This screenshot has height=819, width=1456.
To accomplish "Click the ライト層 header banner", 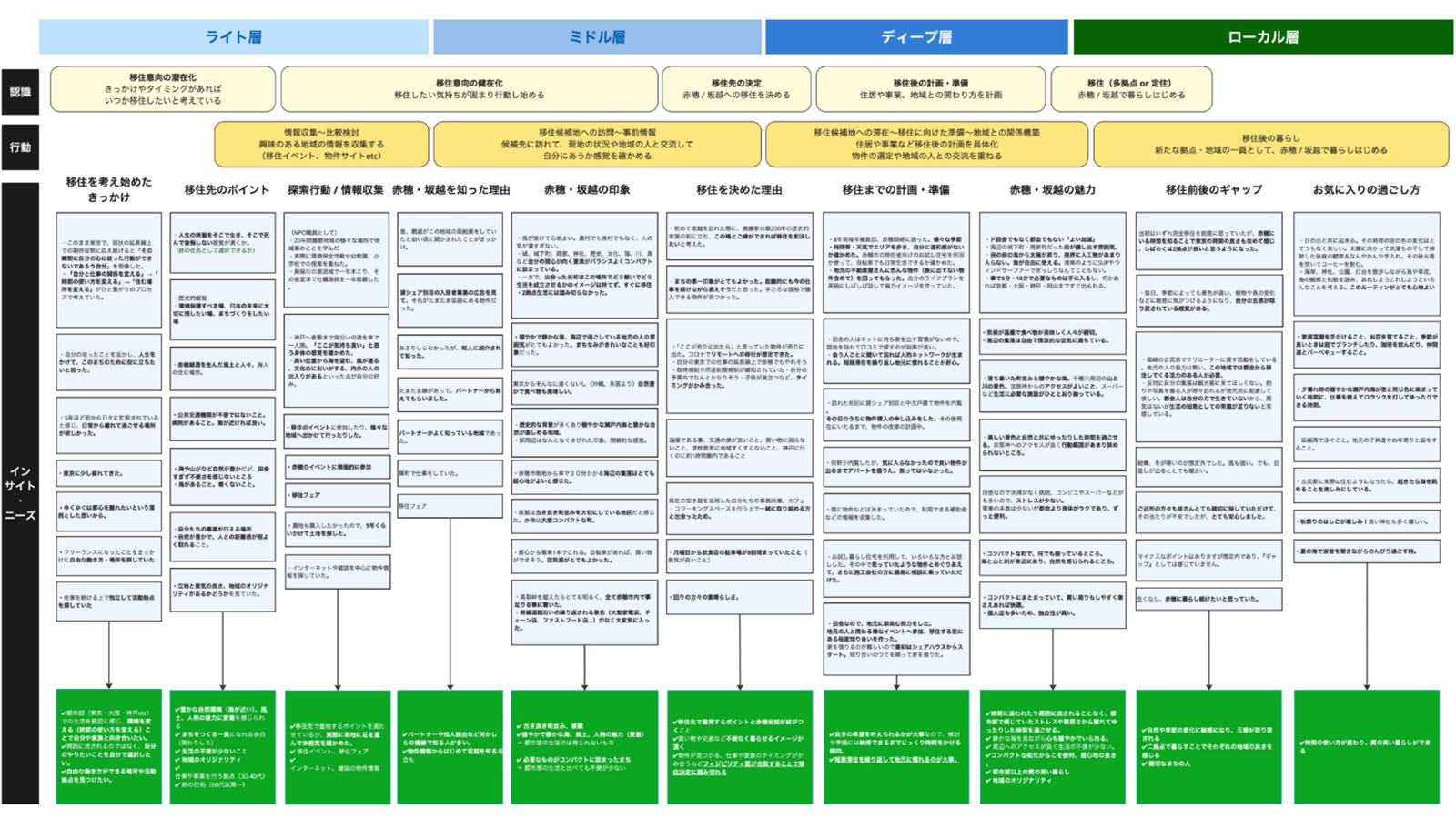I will pyautogui.click(x=233, y=37).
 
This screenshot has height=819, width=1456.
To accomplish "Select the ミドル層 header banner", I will pyautogui.click(x=597, y=37).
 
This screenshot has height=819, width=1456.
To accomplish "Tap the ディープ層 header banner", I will pyautogui.click(x=916, y=37).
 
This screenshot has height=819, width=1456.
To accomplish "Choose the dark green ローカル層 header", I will pyautogui.click(x=1263, y=37).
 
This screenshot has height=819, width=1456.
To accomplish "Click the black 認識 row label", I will pyautogui.click(x=20, y=92).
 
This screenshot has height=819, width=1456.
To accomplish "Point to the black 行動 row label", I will pyautogui.click(x=20, y=147).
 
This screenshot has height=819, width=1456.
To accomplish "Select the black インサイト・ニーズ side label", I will pyautogui.click(x=20, y=492).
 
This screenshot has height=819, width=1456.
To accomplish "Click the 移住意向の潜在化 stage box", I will pyautogui.click(x=163, y=89).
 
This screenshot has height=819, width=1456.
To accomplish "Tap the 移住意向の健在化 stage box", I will pyautogui.click(x=470, y=89).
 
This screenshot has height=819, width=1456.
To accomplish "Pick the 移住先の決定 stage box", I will pyautogui.click(x=736, y=89).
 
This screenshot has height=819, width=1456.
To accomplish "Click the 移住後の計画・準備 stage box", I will pyautogui.click(x=930, y=89).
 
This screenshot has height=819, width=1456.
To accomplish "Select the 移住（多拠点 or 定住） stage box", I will pyautogui.click(x=1131, y=89).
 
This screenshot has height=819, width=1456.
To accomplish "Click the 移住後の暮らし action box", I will pyautogui.click(x=1270, y=145).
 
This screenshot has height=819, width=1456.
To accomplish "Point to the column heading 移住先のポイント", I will pyautogui.click(x=227, y=190).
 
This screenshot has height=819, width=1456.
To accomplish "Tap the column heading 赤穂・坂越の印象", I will pyautogui.click(x=587, y=190).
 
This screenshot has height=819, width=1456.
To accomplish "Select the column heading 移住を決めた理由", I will pyautogui.click(x=739, y=190).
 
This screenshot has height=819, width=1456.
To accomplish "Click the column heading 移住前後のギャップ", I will pyautogui.click(x=1213, y=190).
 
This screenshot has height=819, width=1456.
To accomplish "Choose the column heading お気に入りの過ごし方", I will pyautogui.click(x=1366, y=190).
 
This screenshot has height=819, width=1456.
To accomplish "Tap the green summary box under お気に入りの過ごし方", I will pyautogui.click(x=1366, y=746).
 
